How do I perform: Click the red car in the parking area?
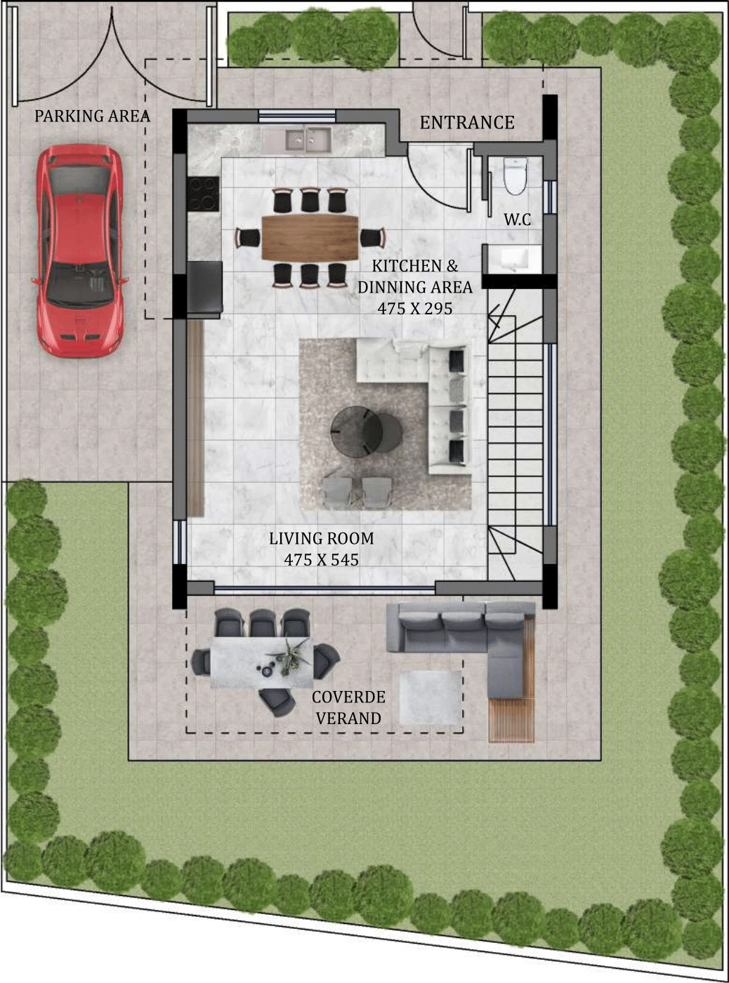click(80, 250)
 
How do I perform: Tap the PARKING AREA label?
click(92, 116)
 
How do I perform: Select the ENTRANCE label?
click(467, 122)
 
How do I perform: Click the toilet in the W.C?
click(515, 176)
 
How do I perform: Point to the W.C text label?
click(518, 220)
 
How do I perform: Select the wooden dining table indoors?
click(310, 237)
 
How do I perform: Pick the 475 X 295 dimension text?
click(415, 309)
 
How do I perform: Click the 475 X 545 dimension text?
click(321, 560)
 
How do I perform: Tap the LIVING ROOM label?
click(321, 538)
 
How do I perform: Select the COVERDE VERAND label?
click(348, 707)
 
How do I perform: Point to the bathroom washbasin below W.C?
click(515, 258)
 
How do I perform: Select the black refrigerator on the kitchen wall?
click(205, 288)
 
